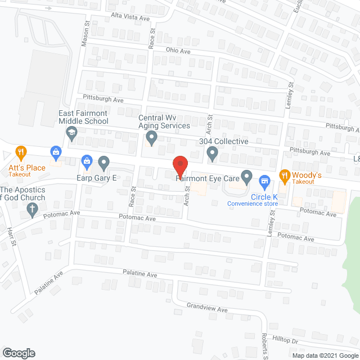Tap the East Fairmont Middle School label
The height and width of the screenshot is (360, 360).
coord(83,117)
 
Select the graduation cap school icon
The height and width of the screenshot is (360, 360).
coord(71,133)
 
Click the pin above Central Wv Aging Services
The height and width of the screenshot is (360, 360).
coord(151,137)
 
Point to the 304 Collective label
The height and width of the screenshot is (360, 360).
coord(223,141)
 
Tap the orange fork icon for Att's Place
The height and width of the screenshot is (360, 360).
coord(21,152)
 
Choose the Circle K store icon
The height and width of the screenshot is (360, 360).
coord(263,182)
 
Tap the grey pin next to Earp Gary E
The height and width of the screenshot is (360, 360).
coord(103,163)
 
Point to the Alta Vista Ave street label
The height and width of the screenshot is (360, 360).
coord(130,18)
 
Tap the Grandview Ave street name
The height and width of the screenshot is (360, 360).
coord(208,309)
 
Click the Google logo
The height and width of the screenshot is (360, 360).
coord(18,353)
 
